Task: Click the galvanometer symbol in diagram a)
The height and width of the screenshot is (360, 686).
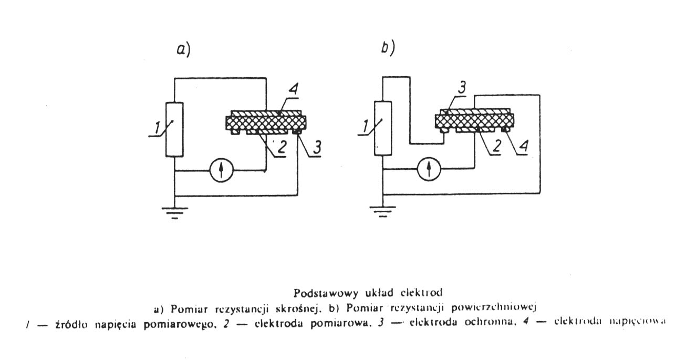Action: click(221, 170)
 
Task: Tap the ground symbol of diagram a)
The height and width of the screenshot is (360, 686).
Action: click(174, 211)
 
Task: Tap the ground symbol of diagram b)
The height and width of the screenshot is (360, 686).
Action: click(383, 212)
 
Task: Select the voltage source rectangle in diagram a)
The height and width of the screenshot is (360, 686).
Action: click(174, 129)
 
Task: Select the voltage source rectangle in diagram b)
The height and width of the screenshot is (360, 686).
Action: click(383, 129)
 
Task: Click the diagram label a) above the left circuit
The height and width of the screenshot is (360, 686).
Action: click(183, 50)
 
